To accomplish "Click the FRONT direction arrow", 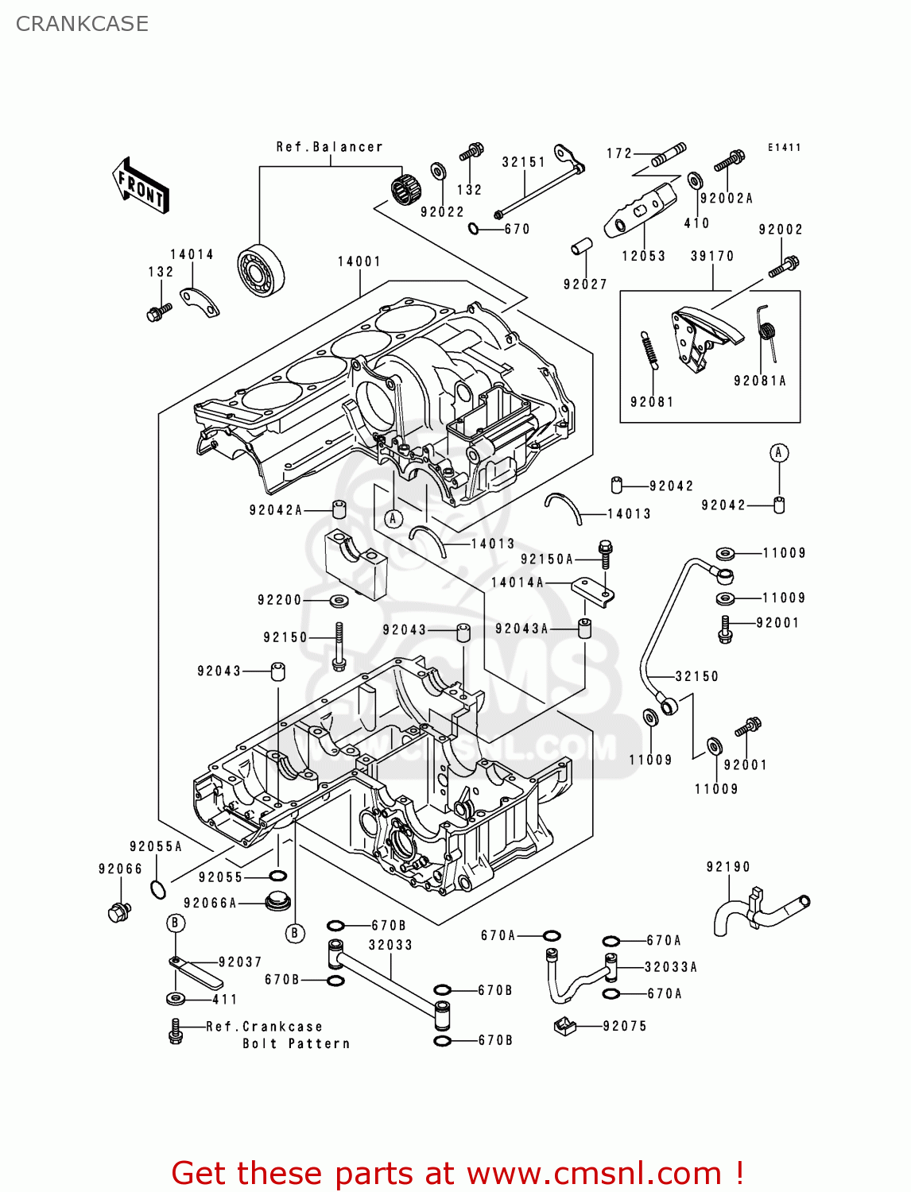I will [141, 187].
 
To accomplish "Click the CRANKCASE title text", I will [82, 24].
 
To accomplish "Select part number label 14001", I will [359, 261].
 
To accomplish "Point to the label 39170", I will [712, 256].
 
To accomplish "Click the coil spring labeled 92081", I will [648, 350].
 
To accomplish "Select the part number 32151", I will [524, 162].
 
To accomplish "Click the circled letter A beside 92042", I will [779, 453].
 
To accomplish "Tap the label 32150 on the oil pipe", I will [697, 676].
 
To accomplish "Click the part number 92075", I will [625, 1026].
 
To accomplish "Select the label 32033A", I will [671, 967].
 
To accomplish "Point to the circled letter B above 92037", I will [176, 923].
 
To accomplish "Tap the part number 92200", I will [279, 600].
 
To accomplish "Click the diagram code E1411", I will [784, 148].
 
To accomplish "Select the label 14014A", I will [518, 582].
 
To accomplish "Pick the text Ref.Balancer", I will [329, 147].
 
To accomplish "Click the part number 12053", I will [643, 256].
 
